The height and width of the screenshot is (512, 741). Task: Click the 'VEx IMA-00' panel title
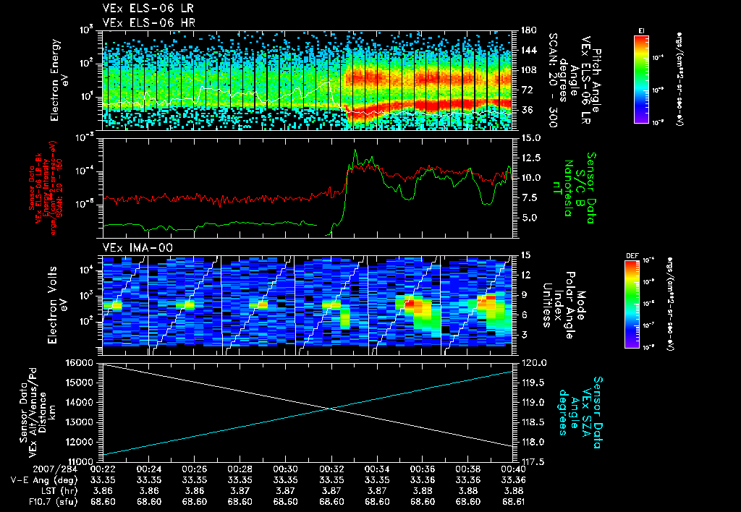coord(132,247)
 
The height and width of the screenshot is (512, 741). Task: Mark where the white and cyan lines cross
coord(331,409)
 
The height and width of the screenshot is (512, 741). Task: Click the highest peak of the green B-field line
coord(355,150)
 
